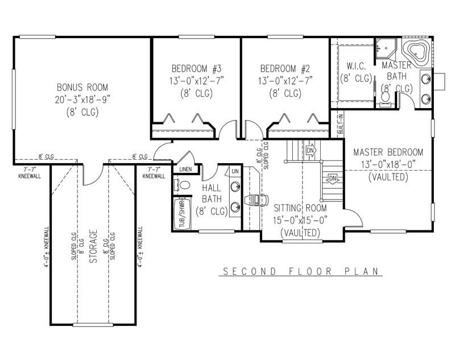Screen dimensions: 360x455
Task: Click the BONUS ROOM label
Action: (82, 88)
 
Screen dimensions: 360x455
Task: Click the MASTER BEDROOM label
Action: (388, 152)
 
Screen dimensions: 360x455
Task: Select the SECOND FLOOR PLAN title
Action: (300, 271)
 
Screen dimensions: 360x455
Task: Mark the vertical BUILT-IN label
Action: (340, 124)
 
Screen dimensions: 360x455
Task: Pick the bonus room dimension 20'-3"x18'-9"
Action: (82, 100)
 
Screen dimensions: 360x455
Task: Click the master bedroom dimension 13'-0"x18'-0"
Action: (388, 165)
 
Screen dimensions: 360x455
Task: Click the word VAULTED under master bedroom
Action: (388, 177)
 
